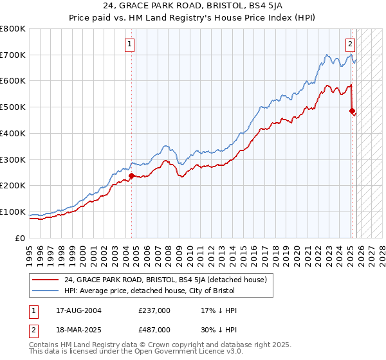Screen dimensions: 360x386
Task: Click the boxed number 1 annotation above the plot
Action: pos(130,44)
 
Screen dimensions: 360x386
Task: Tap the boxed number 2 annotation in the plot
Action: pos(350,44)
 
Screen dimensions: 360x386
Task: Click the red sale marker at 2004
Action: pos(131,175)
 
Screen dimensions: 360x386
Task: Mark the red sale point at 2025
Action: pos(352,111)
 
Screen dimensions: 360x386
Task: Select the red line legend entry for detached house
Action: pos(169,280)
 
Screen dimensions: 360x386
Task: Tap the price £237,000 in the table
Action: pos(154,310)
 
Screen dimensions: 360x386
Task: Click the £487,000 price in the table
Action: pos(154,329)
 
